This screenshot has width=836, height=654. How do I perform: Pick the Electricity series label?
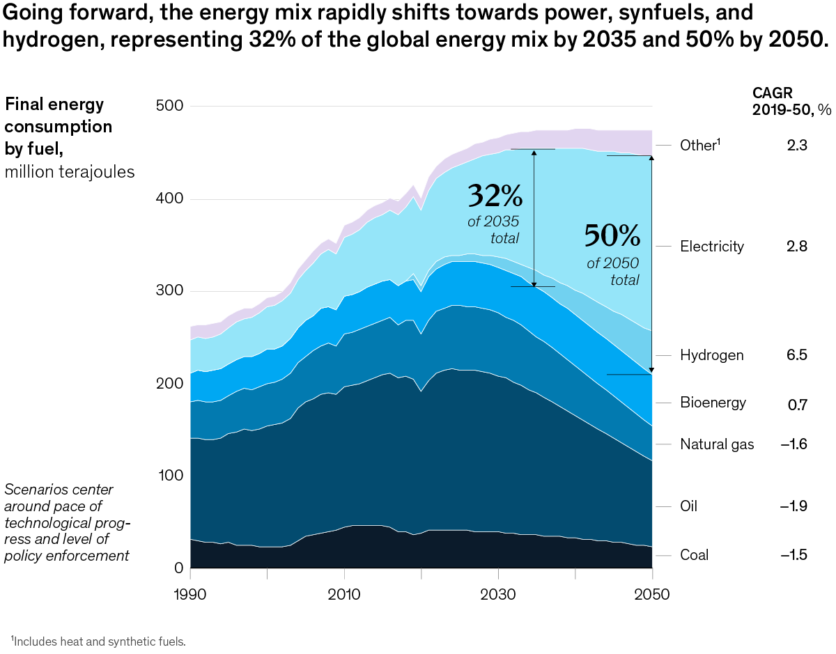712,247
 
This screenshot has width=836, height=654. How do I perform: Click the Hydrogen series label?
711,355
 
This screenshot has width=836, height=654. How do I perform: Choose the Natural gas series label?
717,444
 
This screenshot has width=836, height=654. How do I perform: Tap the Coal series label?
695,555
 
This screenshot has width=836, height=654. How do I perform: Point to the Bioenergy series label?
713,403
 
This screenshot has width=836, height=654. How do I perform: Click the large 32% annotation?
495,196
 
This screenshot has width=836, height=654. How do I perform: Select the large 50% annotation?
612,237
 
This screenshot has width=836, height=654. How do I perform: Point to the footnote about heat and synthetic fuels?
98,640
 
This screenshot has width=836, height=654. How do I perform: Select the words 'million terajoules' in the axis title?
70,172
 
